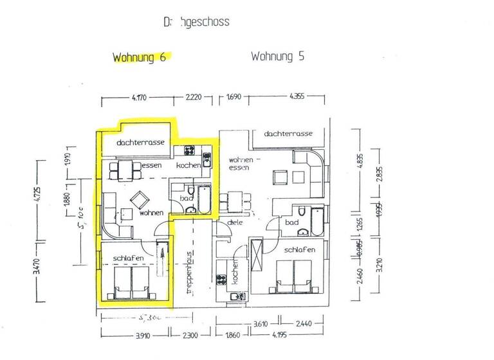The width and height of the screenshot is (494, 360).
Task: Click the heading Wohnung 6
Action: (140, 57)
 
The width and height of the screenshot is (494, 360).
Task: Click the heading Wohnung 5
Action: (277, 57)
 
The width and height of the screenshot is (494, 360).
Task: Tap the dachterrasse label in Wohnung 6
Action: (140, 142)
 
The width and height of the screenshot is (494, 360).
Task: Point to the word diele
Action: (234, 222)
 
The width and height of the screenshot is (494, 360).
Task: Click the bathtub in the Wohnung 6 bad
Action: (203, 199)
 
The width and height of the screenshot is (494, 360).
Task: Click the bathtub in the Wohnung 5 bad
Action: (318, 221)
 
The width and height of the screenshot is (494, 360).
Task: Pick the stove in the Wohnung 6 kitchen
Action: (190, 152)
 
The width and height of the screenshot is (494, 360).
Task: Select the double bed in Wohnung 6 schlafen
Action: (131, 283)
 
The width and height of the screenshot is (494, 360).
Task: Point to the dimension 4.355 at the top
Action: (297, 98)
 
